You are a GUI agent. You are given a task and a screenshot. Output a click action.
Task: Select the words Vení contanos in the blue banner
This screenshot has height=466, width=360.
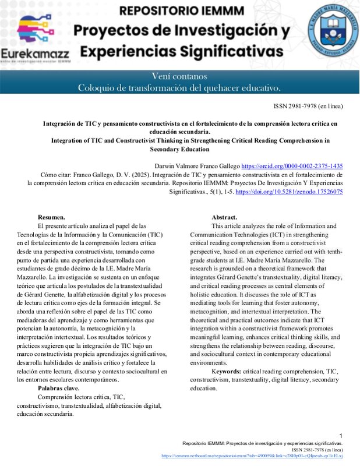pos(179,76)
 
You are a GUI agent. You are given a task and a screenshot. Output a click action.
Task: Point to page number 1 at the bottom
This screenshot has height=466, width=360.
pos(341,436)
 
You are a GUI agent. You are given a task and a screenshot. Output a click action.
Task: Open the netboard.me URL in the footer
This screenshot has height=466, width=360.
pos(252,456)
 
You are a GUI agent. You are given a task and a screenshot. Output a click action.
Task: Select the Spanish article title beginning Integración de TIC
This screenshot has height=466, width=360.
pos(190,128)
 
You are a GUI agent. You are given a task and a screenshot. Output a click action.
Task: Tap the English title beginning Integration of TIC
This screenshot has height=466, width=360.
pos(190,144)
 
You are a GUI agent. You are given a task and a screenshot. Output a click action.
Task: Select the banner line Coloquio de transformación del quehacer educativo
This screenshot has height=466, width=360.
pos(179,88)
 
